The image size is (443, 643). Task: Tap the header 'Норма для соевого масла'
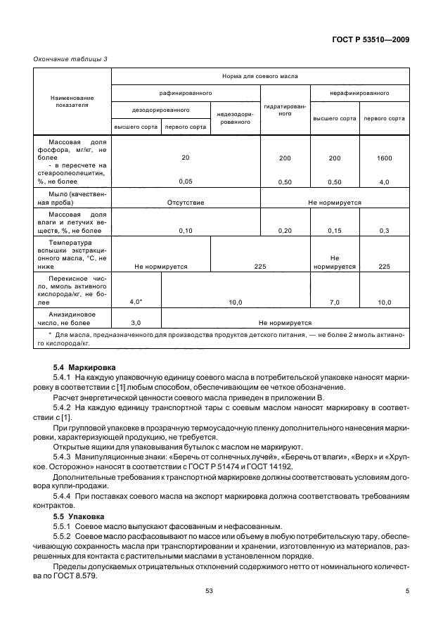point(259,75)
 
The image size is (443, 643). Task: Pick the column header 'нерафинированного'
point(359,92)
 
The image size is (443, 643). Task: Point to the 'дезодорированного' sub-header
point(161,110)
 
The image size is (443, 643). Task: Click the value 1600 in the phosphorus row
point(384,158)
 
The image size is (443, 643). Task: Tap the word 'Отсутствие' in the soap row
point(185,202)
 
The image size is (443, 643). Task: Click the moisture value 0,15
point(335,230)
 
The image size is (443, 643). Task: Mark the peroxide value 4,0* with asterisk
point(136,302)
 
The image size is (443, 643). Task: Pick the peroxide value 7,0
point(335,302)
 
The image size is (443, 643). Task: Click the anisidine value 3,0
point(136,322)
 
